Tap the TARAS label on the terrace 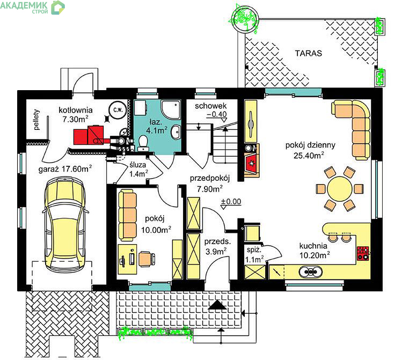coord(308,53)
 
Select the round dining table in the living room coord(340,189)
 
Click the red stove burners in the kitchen coord(362,253)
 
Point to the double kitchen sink coord(310,271)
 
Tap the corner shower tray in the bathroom coord(171,109)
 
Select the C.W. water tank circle coord(118,110)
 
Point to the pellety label coord(37,120)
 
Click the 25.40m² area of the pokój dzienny coord(309,155)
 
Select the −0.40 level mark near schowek coord(217,114)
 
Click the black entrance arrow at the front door coord(217,305)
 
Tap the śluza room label coord(138,165)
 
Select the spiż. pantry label coord(254,249)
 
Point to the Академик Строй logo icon coord(58,8)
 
